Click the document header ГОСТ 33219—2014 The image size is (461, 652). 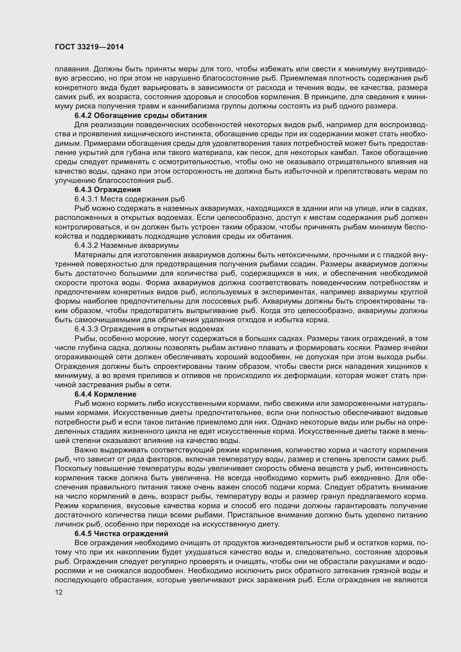point(89,47)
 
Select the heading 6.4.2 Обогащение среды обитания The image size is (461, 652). point(140,116)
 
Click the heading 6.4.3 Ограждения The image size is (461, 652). point(108,189)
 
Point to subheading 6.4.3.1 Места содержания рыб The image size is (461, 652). point(130,199)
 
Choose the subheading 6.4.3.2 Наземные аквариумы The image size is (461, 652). point(127,245)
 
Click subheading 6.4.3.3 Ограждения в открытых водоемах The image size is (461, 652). point(149,329)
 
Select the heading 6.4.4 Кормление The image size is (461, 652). point(105,394)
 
